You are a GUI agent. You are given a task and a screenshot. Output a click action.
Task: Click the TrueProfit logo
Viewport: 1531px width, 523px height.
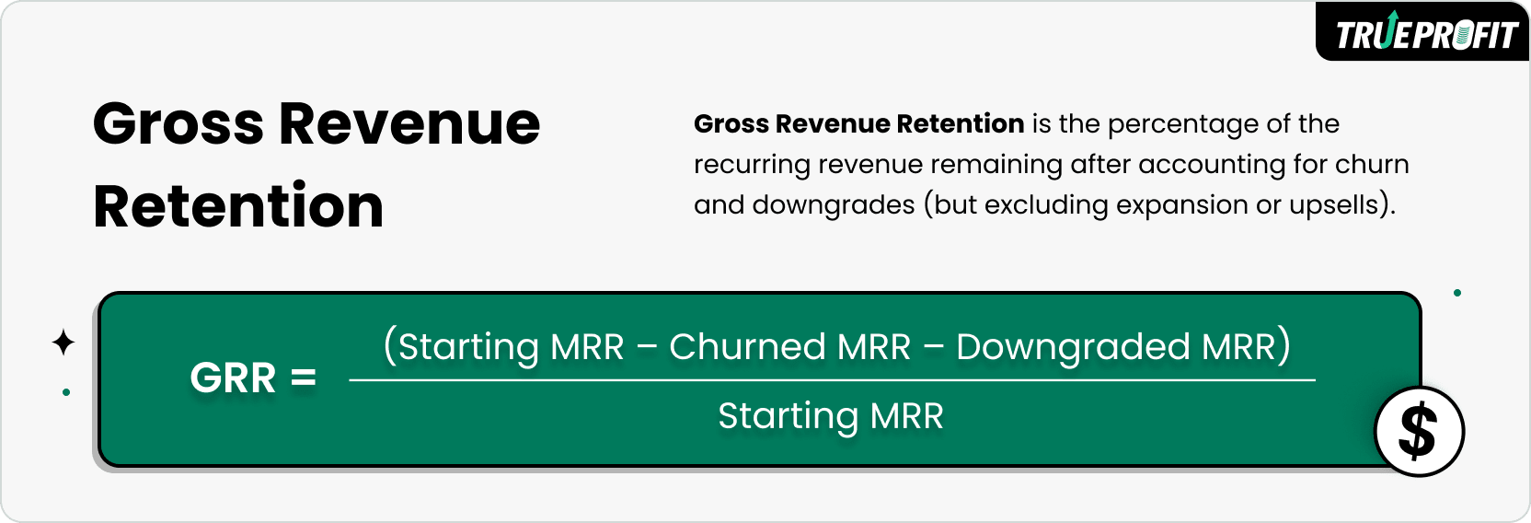coord(1424,34)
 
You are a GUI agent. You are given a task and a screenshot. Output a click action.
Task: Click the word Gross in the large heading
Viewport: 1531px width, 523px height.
coord(178,124)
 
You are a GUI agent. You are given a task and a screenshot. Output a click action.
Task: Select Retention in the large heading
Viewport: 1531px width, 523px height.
coord(238,206)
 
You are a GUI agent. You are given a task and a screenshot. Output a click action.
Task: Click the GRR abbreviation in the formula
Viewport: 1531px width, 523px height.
coord(233,378)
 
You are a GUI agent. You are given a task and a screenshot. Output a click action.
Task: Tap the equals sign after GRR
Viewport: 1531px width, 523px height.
coord(304,378)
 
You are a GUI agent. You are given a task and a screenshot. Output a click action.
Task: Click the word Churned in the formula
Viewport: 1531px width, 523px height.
coord(747,347)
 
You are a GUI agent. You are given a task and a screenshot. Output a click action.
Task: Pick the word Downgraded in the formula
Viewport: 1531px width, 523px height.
coord(1073,347)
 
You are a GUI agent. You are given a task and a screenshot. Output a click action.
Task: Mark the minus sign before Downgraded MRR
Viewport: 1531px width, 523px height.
coord(934,348)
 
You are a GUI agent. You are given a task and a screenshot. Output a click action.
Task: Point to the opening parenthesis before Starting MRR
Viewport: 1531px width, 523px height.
coord(389,346)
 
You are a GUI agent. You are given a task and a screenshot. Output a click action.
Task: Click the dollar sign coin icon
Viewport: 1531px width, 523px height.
coord(1418,431)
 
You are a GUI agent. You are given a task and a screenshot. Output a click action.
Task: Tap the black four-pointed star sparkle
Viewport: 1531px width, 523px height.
coord(63,343)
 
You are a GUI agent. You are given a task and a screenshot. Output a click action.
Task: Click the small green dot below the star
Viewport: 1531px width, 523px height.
coord(66,392)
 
